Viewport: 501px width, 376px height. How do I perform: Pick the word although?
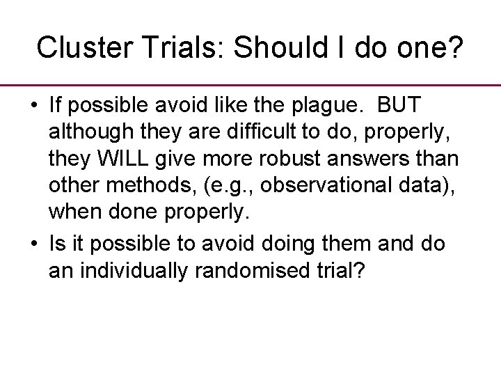point(87,132)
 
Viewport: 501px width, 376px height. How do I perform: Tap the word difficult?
point(268,132)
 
